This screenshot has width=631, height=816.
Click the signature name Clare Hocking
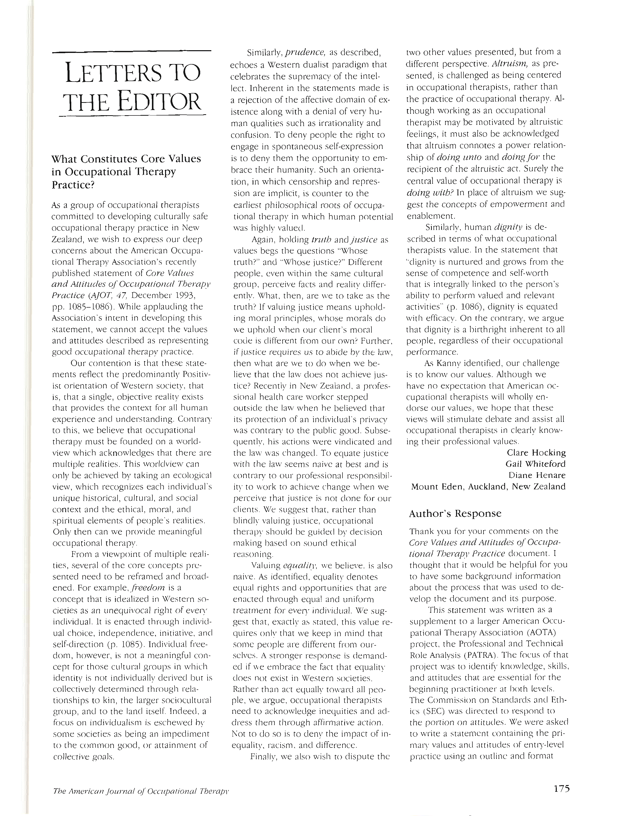(x=536, y=453)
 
